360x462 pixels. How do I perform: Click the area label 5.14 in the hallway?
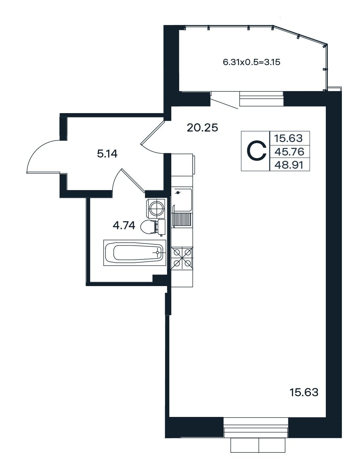(x=107, y=154)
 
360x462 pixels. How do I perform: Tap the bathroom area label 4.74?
(x=124, y=225)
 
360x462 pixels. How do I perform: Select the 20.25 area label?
(x=202, y=128)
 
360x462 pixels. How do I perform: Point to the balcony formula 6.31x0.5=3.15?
(x=252, y=62)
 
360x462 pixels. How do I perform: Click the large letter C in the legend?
(x=256, y=151)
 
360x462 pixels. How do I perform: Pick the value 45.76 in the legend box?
(x=289, y=152)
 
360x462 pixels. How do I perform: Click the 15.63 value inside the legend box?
(x=288, y=138)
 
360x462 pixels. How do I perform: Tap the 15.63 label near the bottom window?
(x=304, y=393)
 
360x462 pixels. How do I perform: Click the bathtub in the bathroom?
(x=134, y=253)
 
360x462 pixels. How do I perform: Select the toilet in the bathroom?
(x=153, y=227)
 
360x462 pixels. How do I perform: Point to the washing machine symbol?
(x=156, y=208)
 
